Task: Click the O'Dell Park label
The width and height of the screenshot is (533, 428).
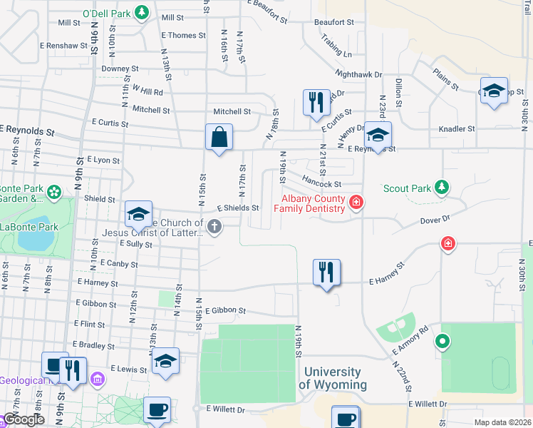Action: click(x=107, y=12)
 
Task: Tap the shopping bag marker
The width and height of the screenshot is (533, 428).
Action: click(x=219, y=137)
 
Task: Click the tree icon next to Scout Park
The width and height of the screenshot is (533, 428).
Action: click(x=443, y=188)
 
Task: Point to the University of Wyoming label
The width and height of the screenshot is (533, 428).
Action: click(x=332, y=379)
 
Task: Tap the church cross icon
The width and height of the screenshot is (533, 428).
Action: click(x=214, y=227)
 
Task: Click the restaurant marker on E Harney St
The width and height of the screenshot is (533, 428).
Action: click(x=326, y=272)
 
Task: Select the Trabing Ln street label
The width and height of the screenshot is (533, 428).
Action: click(x=336, y=46)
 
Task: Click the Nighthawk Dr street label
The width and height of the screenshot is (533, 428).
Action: click(x=359, y=74)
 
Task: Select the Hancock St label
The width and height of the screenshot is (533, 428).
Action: click(x=321, y=183)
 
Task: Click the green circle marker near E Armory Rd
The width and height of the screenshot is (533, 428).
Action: click(x=443, y=342)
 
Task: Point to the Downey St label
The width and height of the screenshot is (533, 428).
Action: click(x=118, y=68)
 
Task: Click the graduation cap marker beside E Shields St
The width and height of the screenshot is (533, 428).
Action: click(x=139, y=213)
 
